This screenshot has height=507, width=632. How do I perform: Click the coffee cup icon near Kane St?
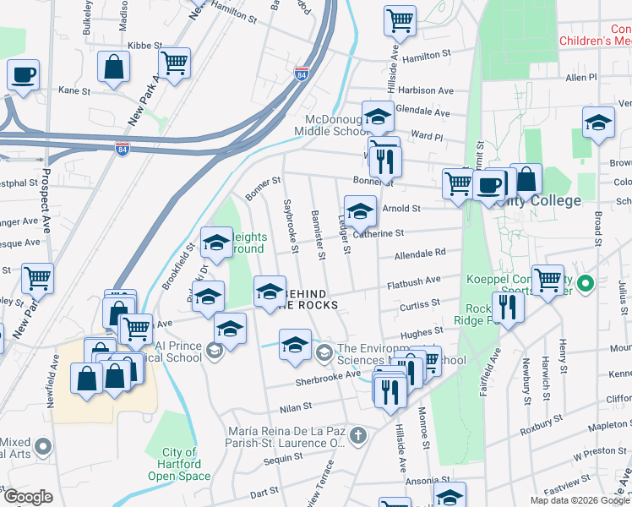[24, 74]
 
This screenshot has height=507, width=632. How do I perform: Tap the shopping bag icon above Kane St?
[113, 67]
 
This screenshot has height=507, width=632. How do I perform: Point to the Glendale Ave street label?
[422, 111]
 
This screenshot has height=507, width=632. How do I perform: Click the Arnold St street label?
[401, 208]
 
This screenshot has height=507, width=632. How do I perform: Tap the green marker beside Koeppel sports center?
[582, 283]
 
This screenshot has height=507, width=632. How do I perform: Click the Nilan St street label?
[297, 406]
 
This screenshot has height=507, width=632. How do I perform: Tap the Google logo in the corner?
[28, 497]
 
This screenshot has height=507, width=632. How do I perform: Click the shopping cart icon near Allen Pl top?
[400, 19]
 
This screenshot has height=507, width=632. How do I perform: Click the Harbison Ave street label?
[426, 90]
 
